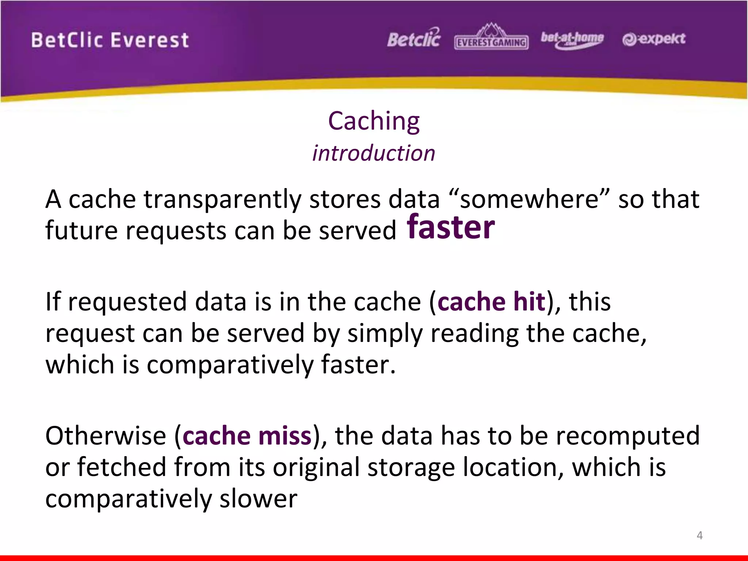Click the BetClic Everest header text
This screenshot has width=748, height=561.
110,40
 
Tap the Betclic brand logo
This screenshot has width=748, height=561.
414,38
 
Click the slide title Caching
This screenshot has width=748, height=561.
374,121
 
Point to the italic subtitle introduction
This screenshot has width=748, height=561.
374,153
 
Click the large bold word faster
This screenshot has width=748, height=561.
451,228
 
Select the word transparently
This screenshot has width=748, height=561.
222,200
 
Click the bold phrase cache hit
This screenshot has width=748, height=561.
491,302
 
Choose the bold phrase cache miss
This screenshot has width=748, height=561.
247,436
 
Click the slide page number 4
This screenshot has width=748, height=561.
699,535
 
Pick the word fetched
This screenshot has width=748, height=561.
122,467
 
